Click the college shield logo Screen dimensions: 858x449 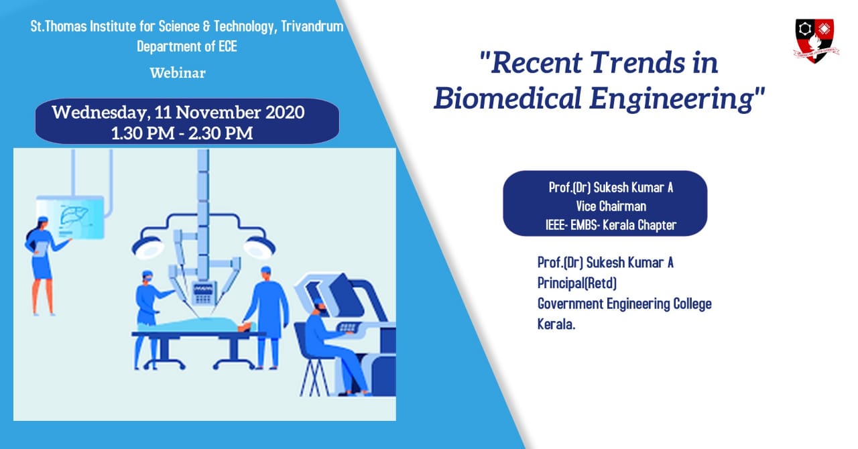(815, 41)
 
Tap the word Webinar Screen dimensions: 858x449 (178, 73)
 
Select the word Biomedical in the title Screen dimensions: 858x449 (508, 99)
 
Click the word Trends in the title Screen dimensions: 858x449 (637, 62)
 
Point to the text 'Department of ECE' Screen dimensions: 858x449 (187, 46)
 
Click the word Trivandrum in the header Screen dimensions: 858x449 (312, 26)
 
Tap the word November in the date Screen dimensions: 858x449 (219, 113)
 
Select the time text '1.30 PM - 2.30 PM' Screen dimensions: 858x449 (182, 133)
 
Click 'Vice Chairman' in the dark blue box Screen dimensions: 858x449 (611, 206)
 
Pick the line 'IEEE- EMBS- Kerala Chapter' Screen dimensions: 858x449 (611, 225)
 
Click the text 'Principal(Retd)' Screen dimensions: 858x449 (577, 283)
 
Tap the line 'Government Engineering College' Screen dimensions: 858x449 (624, 304)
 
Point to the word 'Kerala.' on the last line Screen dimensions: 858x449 (556, 324)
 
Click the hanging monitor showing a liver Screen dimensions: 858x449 (70, 217)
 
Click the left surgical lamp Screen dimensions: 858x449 (148, 248)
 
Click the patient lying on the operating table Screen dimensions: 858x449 (195, 326)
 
